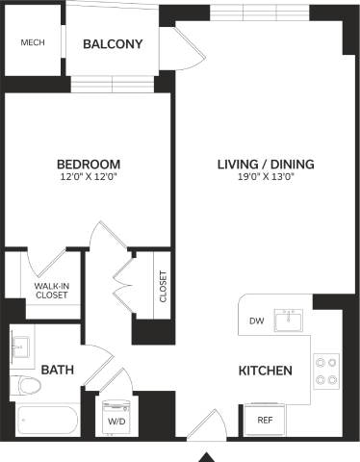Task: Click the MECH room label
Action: pyautogui.click(x=33, y=43)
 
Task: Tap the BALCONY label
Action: pyautogui.click(x=113, y=44)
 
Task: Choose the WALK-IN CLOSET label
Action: pyautogui.click(x=51, y=292)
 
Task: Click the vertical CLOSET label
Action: pyautogui.click(x=163, y=287)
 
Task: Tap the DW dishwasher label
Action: pyautogui.click(x=256, y=321)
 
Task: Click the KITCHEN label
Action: pyautogui.click(x=265, y=370)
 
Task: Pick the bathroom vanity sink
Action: pyautogui.click(x=22, y=344)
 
